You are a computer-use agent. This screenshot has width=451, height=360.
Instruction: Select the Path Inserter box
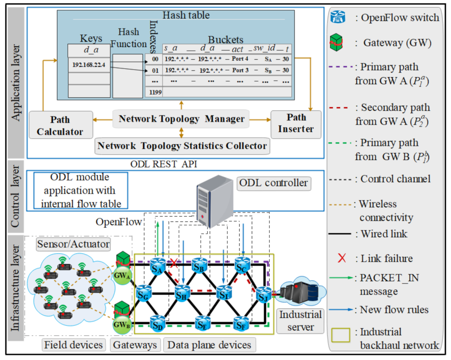(x=296, y=123)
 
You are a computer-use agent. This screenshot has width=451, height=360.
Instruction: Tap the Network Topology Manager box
(x=181, y=119)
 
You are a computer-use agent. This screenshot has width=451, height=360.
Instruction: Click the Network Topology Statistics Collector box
(x=182, y=146)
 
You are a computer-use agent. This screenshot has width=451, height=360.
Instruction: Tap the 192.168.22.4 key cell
(x=88, y=65)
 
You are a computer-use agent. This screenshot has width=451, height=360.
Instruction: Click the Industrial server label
(x=300, y=321)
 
